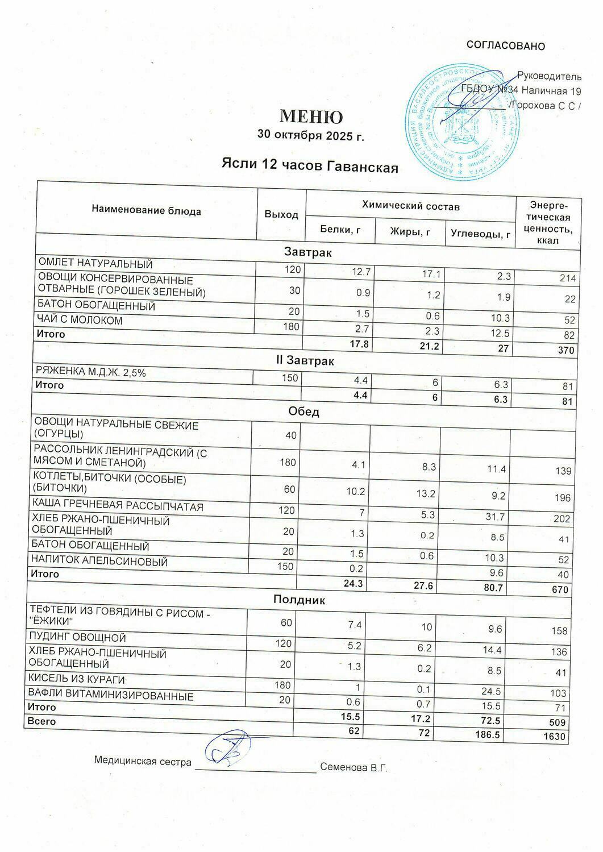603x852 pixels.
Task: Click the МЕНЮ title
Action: tap(311, 117)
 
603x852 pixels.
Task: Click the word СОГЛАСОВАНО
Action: tap(505, 46)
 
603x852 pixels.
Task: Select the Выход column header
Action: tap(281, 214)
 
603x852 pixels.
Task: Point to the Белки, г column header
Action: tap(340, 230)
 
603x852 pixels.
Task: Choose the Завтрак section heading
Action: tap(308, 252)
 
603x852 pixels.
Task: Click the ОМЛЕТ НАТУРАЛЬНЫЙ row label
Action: tap(95, 264)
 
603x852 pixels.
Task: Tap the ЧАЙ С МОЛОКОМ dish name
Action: tap(80, 321)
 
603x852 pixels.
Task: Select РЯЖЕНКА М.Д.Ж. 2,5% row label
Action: tap(94, 372)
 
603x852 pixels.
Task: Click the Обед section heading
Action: tap(304, 412)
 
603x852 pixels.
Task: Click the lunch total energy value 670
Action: tap(560, 590)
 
